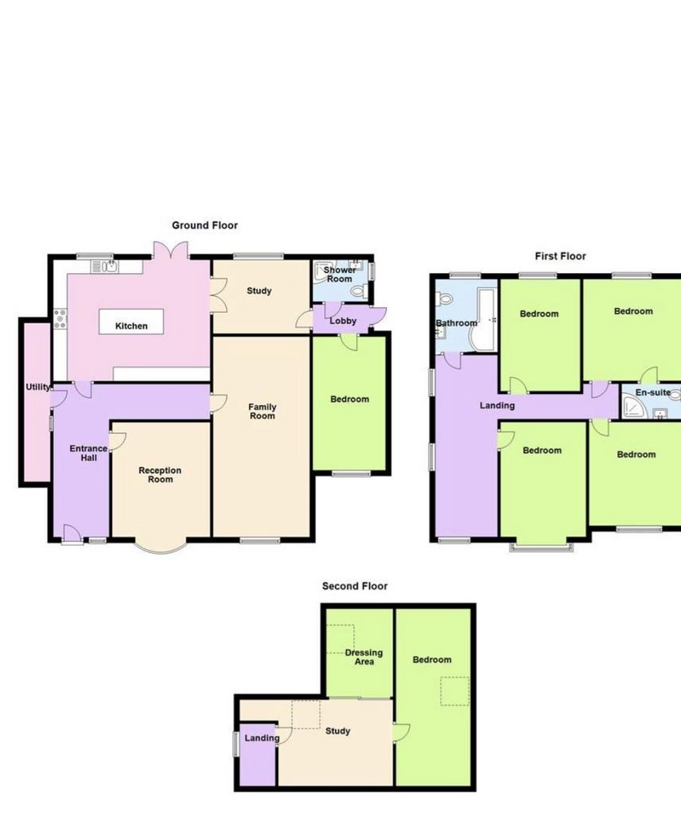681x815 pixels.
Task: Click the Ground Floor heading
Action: pyautogui.click(x=204, y=225)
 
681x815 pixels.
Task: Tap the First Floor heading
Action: pyautogui.click(x=560, y=255)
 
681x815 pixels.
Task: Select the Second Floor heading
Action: pyautogui.click(x=355, y=586)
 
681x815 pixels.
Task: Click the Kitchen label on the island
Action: pyautogui.click(x=131, y=326)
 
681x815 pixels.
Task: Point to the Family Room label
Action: pyautogui.click(x=263, y=411)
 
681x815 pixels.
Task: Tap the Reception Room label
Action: pyautogui.click(x=160, y=474)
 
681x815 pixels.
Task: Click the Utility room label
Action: pyautogui.click(x=38, y=387)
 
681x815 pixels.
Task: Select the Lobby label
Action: pyautogui.click(x=343, y=321)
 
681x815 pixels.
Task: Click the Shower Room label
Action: pyautogui.click(x=340, y=274)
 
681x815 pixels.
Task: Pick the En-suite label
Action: pyautogui.click(x=653, y=392)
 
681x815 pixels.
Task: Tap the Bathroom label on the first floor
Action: pyautogui.click(x=456, y=323)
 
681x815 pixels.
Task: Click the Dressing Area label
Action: pyautogui.click(x=364, y=657)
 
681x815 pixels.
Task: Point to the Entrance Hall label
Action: pyautogui.click(x=88, y=453)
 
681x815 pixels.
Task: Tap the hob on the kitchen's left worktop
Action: pyautogui.click(x=60, y=318)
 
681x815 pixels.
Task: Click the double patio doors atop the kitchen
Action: pyautogui.click(x=170, y=251)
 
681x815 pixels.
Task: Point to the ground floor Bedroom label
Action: pyautogui.click(x=349, y=400)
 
